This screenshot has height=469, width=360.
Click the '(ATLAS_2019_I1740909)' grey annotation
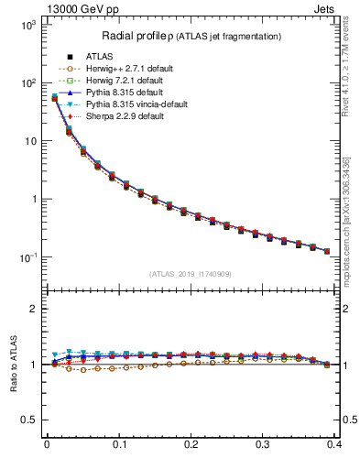click(191, 274)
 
